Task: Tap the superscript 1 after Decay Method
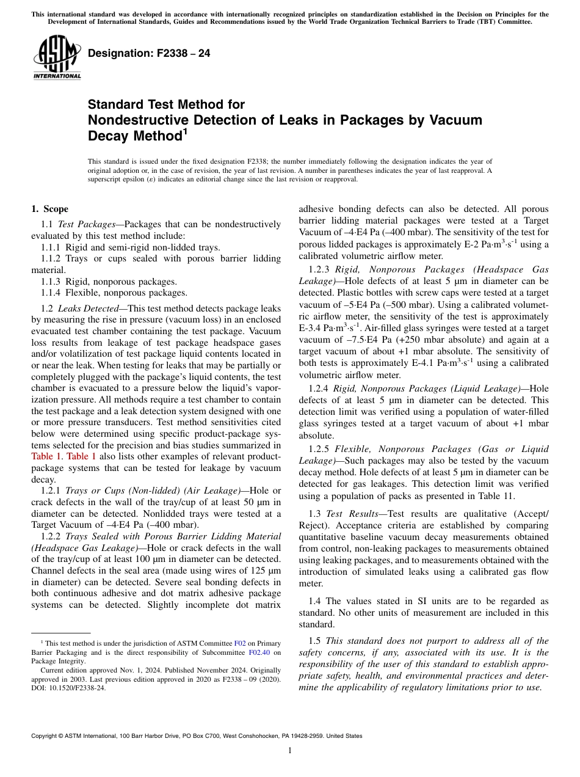pyautogui.click(x=186, y=131)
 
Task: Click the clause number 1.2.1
pyautogui.click(x=53, y=491)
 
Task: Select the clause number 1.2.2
pyautogui.click(x=53, y=536)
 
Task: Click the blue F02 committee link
pyautogui.click(x=240, y=643)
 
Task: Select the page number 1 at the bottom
pyautogui.click(x=290, y=751)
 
